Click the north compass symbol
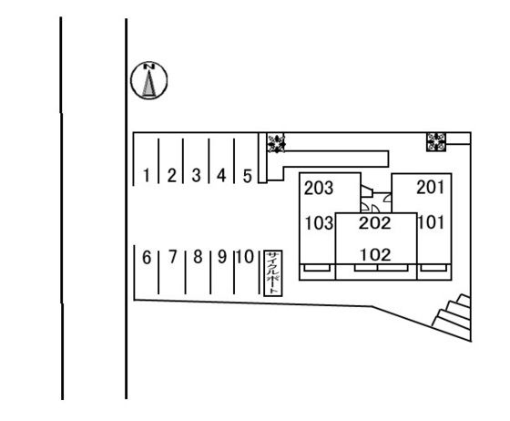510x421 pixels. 149,80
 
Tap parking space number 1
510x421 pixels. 147,176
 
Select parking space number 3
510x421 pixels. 196,176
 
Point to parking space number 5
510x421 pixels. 248,177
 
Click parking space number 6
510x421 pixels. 147,257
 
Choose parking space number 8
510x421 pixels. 198,257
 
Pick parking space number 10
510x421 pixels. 245,257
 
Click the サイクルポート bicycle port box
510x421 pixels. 273,273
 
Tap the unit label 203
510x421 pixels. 319,188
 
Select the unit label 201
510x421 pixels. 430,188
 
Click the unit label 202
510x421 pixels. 374,223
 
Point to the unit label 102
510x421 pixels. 375,255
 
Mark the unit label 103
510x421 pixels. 319,223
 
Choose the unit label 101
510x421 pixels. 431,223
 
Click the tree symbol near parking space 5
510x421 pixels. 276,143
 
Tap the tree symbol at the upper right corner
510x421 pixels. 436,142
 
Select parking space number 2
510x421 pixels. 172,176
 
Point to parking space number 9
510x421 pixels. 222,257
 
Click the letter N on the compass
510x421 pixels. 149,67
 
